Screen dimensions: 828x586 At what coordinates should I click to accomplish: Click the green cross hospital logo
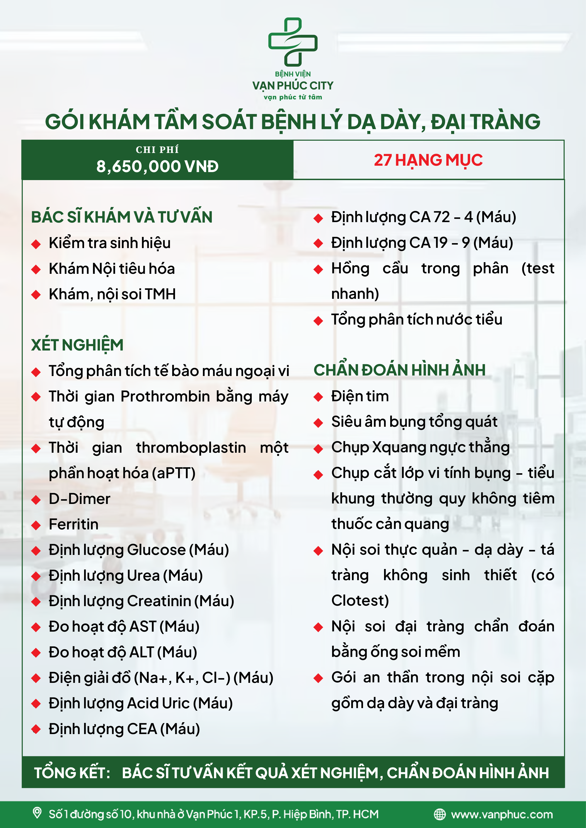click(293, 42)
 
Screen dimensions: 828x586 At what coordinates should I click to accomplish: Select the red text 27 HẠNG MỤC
click(428, 160)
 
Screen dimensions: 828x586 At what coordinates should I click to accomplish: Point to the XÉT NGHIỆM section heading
click(77, 345)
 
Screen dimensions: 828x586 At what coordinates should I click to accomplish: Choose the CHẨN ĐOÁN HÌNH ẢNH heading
click(399, 370)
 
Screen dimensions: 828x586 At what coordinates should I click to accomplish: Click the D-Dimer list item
click(79, 499)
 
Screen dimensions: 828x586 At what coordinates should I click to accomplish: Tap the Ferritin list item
click(74, 524)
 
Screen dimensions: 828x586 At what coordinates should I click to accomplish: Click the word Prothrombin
click(165, 396)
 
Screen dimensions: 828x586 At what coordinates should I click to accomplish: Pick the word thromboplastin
click(191, 448)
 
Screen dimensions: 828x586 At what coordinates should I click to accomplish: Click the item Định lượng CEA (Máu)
click(124, 729)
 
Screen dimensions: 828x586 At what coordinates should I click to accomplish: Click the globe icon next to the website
click(440, 814)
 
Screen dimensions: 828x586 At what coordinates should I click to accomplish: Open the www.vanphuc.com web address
click(502, 814)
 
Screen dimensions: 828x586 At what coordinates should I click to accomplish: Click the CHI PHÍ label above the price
click(157, 150)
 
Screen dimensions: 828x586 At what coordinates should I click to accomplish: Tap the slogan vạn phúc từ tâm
click(293, 97)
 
